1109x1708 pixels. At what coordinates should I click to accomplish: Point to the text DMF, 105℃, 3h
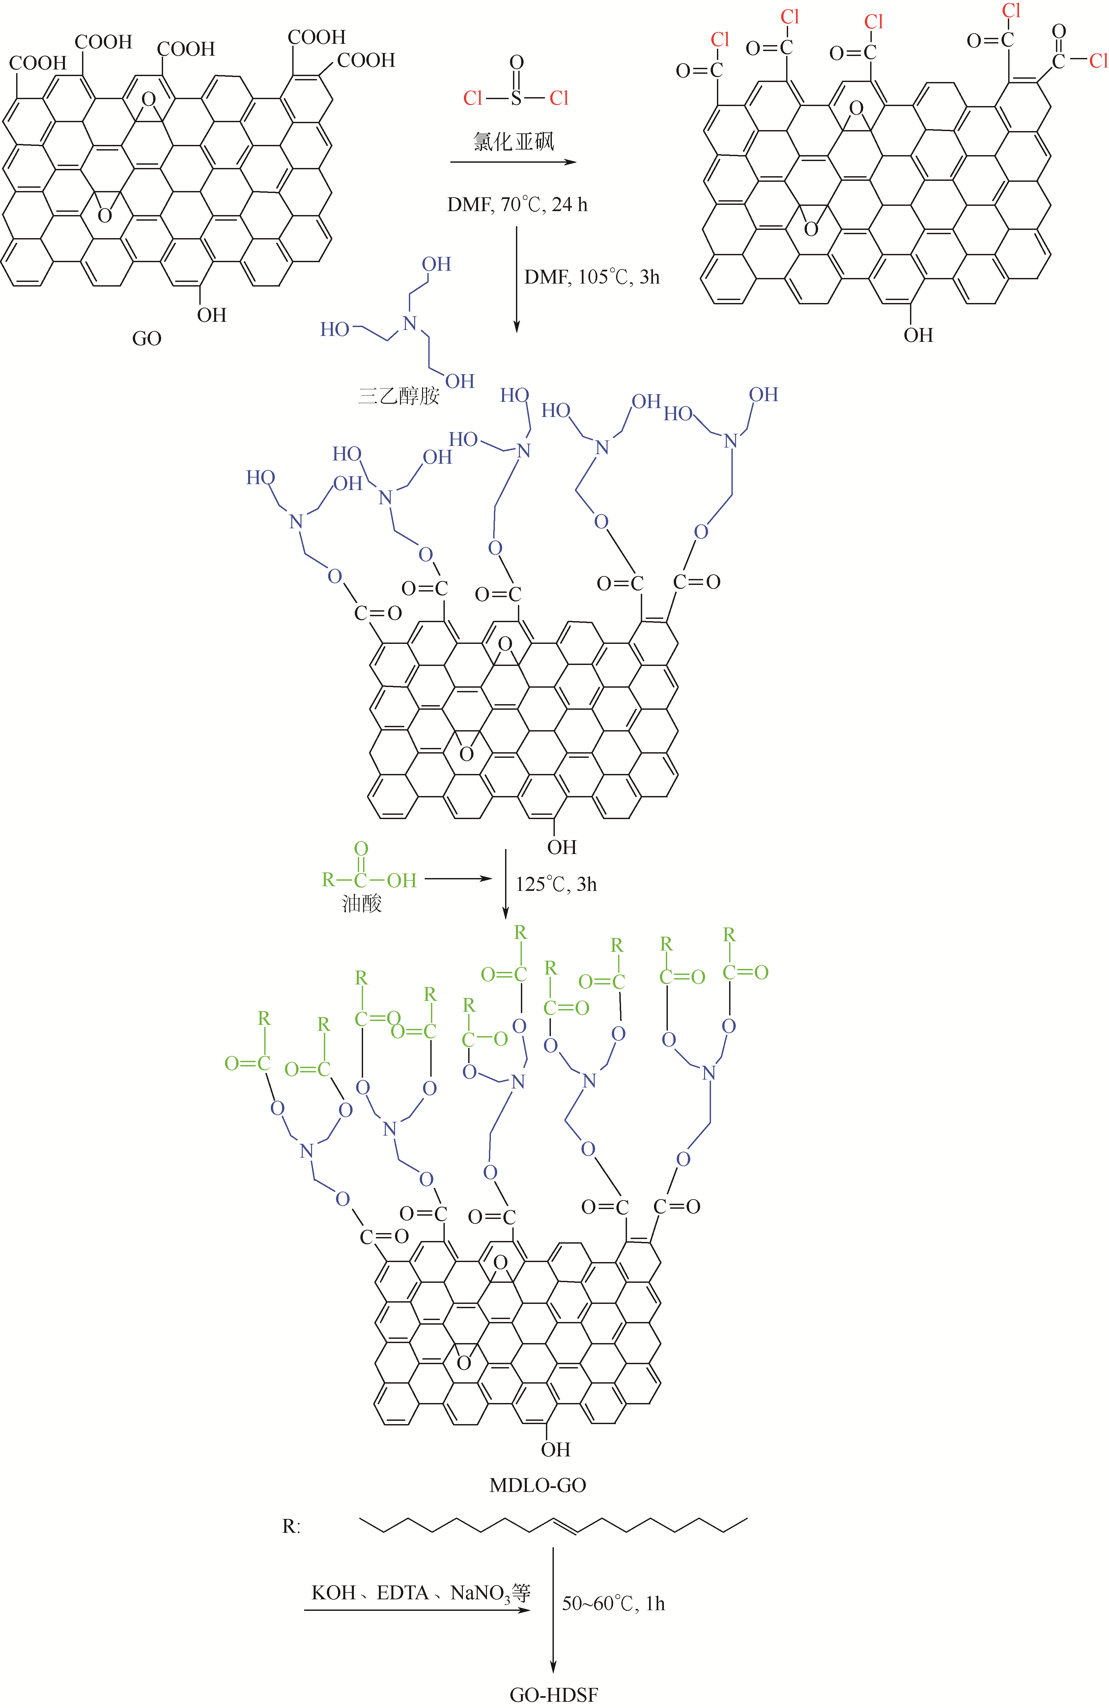[591, 277]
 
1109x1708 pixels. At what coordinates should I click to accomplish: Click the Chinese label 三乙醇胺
[398, 396]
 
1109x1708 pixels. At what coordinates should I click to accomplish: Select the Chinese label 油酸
[362, 903]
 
